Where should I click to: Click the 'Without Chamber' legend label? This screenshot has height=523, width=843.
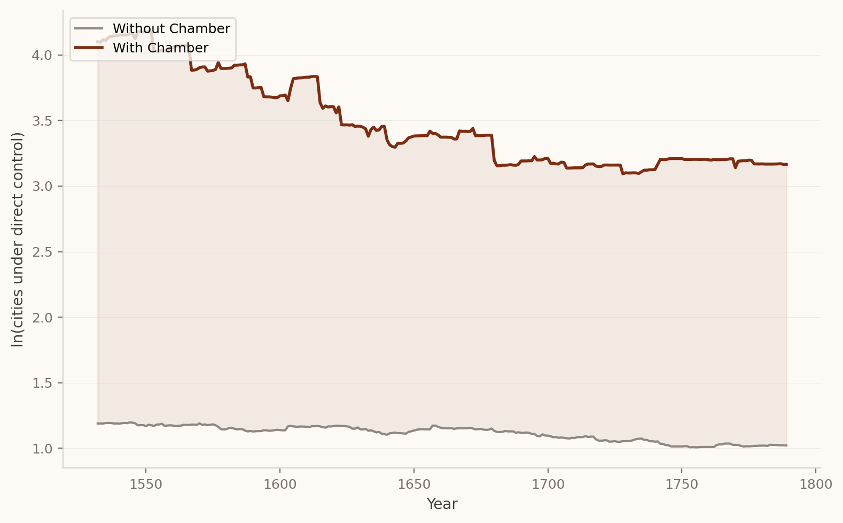tap(171, 29)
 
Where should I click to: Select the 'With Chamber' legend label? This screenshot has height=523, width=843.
tap(160, 48)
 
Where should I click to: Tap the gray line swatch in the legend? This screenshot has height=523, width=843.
tap(88, 29)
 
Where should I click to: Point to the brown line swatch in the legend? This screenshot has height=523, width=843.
tap(88, 48)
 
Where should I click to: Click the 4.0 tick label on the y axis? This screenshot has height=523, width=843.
tap(42, 56)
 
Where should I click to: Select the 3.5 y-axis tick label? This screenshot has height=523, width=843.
tap(42, 121)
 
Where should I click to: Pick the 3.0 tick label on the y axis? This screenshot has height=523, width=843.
tap(42, 187)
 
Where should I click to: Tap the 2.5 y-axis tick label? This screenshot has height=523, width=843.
tap(42, 252)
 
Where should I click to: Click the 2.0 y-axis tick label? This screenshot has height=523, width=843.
tap(42, 318)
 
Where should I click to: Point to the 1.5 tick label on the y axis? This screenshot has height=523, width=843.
tap(42, 383)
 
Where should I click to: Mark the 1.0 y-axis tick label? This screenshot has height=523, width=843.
tap(42, 449)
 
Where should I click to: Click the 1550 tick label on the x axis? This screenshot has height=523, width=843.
tap(146, 484)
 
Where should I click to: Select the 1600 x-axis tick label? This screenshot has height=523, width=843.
tap(280, 484)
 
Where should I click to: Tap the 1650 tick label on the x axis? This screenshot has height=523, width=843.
tap(414, 484)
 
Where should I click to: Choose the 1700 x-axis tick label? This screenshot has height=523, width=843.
tap(548, 484)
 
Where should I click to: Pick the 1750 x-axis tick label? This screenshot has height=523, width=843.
tap(682, 484)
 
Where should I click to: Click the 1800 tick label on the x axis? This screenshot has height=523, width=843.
tap(816, 484)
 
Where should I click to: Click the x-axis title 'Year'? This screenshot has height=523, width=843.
tap(442, 504)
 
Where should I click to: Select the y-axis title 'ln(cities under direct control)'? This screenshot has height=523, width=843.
tap(18, 239)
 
